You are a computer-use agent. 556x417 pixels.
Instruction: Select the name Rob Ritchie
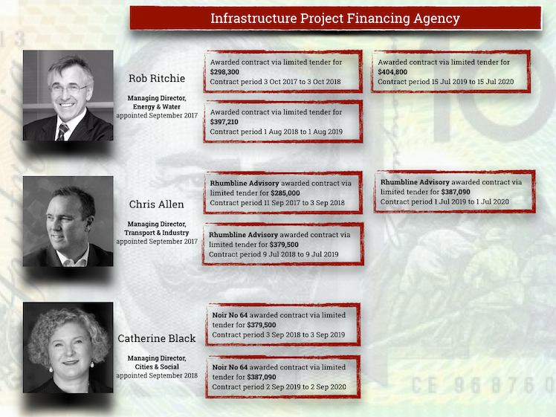pos(157,78)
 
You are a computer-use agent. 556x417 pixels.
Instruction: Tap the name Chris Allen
pos(156,204)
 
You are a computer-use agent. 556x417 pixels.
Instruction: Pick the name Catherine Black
pos(156,338)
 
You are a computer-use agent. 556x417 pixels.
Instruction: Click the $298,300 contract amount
pos(224,72)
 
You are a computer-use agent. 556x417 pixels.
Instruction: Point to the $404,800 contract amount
pos(392,72)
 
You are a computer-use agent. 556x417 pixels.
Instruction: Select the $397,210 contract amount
pos(224,122)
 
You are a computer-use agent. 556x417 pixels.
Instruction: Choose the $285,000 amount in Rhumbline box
pos(285,193)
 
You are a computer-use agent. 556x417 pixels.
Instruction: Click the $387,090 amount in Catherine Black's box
pos(262,377)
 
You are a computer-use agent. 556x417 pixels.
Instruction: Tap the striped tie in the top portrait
pos(62,132)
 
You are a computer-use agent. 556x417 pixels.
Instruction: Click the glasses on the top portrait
pos(68,88)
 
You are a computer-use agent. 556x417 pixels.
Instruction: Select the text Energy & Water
pos(157,107)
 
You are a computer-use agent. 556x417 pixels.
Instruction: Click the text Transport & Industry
pos(156,233)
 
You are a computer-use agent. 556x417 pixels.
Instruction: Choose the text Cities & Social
pos(157,366)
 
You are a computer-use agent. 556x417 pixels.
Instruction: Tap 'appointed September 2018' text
pos(157,375)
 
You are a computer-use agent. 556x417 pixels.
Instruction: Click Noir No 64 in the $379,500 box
pos(230,315)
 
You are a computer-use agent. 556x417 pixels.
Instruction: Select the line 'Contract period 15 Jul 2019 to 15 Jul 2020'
pos(446,82)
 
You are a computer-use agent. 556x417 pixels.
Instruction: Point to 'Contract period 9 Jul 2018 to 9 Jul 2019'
pos(274,255)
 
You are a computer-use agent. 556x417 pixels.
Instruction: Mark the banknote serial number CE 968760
pos(483,386)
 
